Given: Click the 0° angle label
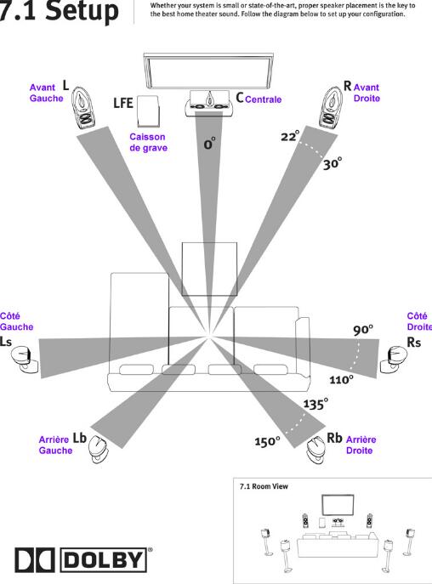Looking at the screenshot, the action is point(209,144).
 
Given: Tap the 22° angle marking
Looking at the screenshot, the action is point(290,136).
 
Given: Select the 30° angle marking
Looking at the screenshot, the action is point(333,163).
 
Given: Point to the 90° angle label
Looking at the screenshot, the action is point(363,330).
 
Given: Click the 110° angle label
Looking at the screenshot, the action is point(341,379).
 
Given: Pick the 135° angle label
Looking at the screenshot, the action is point(315,404).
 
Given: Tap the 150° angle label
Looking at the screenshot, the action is point(267,441).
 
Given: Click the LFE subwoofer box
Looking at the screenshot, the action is point(148,111).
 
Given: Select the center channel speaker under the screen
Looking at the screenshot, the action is point(209,103).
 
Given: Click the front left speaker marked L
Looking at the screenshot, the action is point(83,108).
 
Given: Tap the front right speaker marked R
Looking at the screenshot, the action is point(330,108).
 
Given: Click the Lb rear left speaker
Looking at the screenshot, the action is point(99,449).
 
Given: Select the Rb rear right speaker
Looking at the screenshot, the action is point(316,450).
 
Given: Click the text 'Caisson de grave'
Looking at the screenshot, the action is point(148,142).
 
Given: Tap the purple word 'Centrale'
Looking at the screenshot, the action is point(263,99).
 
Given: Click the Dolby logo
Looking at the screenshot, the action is point(82,559).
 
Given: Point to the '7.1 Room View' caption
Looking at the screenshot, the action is point(264,486).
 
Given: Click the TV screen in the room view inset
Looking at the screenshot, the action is point(338,505).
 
